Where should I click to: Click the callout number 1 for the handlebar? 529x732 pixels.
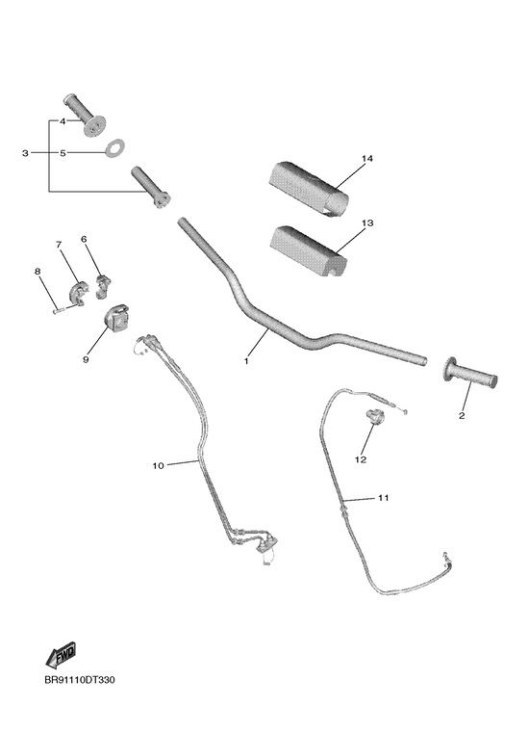click(246, 361)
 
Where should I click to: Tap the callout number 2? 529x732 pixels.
click(462, 415)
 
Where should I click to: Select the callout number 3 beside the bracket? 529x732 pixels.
click(25, 153)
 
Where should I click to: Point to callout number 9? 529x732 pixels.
click(86, 360)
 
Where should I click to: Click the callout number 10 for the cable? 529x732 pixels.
click(159, 465)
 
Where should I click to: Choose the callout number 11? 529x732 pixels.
click(383, 498)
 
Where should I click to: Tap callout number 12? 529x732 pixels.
click(361, 459)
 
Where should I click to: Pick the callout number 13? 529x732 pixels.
click(367, 223)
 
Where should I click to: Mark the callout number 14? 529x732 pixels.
click(367, 159)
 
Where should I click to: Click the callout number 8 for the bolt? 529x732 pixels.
click(38, 272)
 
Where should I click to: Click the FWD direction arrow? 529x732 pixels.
click(61, 655)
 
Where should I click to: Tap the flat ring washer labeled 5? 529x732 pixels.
click(114, 148)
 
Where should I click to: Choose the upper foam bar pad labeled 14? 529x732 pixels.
click(309, 189)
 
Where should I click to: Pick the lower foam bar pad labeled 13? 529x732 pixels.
click(308, 250)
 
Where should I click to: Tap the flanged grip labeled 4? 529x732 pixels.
click(85, 115)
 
